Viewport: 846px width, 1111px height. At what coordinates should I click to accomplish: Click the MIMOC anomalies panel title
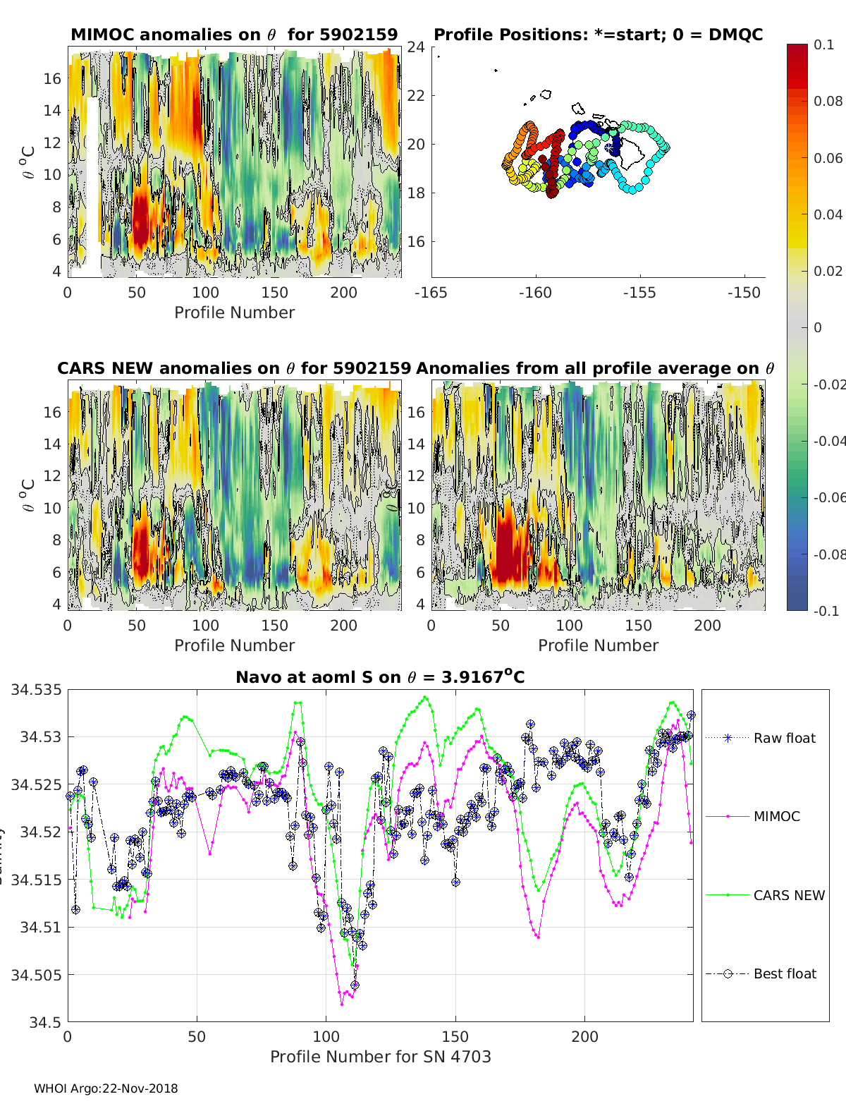(234, 35)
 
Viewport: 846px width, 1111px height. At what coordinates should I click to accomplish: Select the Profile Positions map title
(598, 35)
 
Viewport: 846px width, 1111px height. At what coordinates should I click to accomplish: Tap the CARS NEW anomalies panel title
(233, 368)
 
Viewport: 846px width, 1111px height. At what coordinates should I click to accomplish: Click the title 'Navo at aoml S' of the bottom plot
(380, 677)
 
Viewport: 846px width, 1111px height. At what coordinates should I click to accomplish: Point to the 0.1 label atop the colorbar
(823, 44)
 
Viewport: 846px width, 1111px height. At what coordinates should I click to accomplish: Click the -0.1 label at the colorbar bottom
(826, 611)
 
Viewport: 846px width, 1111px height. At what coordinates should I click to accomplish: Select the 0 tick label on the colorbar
(818, 327)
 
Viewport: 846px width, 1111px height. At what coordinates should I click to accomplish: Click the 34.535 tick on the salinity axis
(36, 689)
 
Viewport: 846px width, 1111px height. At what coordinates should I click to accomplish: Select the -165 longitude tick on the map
(431, 293)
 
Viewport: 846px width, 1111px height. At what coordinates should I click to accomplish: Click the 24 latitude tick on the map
(416, 47)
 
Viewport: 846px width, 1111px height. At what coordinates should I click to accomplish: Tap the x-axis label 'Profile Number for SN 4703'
(380, 1057)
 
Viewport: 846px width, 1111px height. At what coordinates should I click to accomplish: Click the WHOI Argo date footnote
(106, 1088)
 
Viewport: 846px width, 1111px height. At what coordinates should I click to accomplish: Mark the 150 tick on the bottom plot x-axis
(455, 1037)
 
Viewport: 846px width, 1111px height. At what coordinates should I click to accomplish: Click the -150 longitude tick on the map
(744, 293)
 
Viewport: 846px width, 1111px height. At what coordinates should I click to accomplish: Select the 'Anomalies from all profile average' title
(595, 368)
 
